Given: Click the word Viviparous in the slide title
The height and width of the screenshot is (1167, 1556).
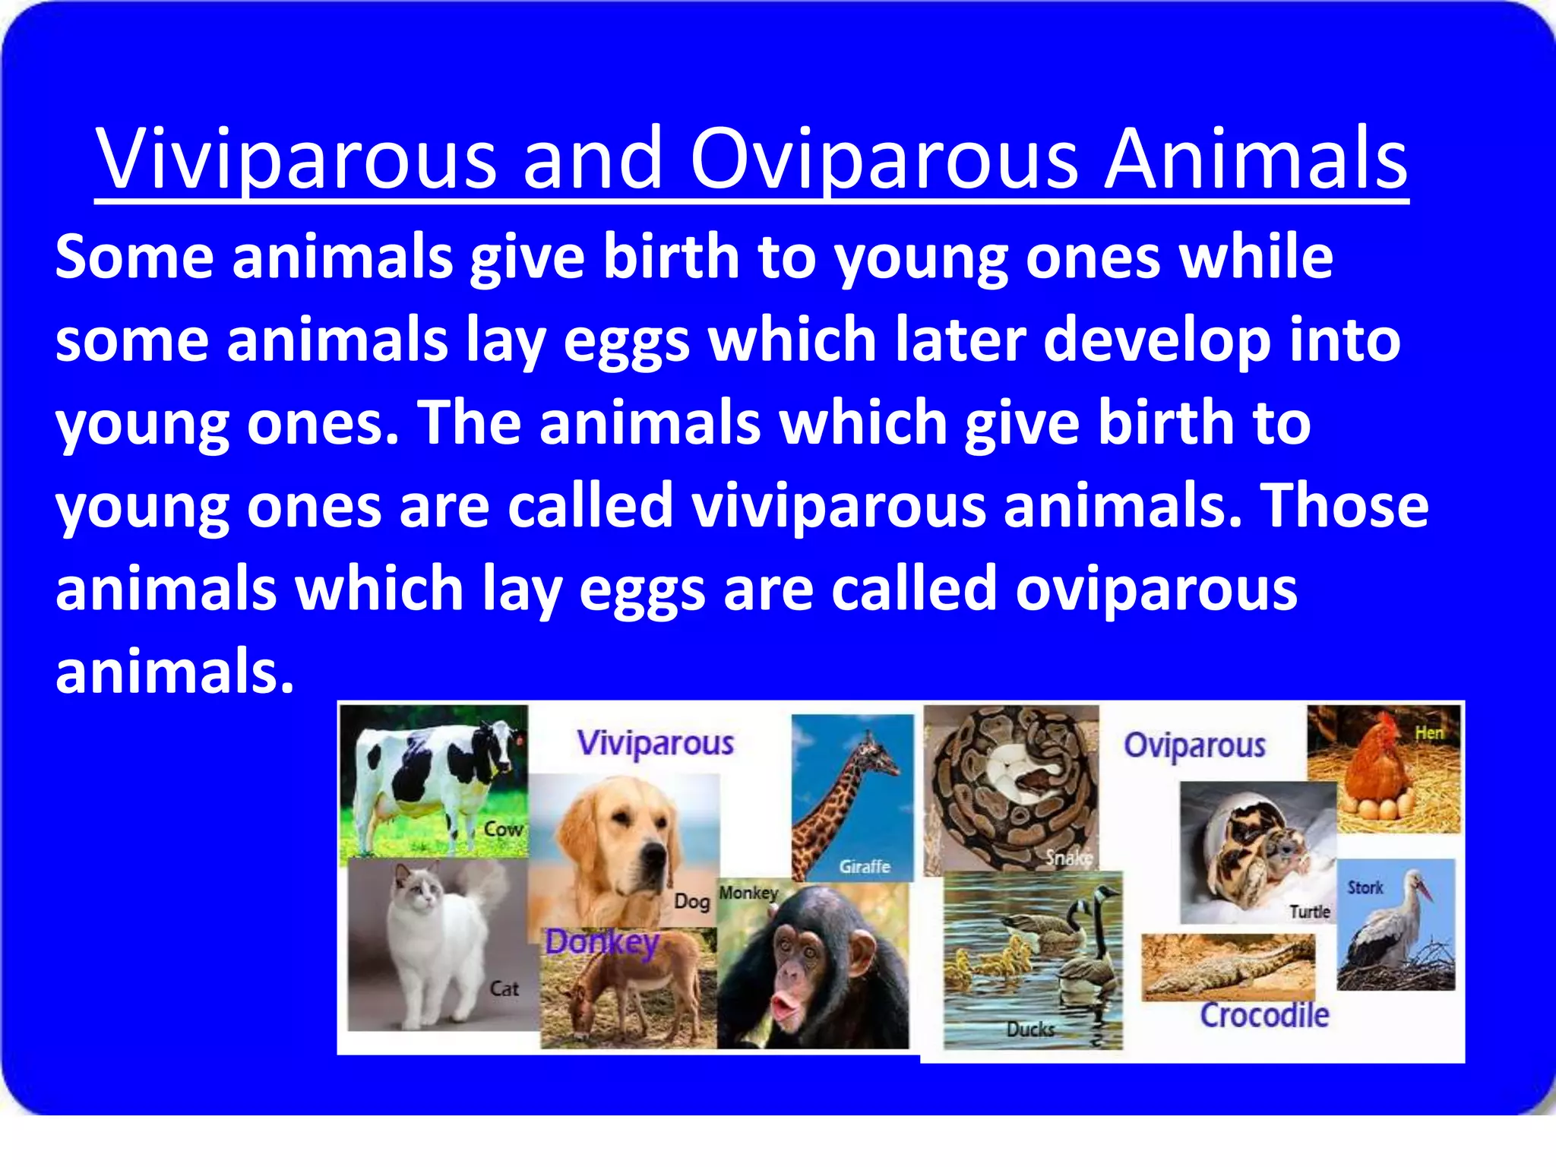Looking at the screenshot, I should [296, 160].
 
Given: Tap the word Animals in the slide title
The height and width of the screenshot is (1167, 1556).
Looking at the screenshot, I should [1255, 160].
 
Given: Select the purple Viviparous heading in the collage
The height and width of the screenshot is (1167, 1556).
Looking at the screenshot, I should [655, 743].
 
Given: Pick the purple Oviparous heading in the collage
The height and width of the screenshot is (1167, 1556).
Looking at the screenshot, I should [1194, 745].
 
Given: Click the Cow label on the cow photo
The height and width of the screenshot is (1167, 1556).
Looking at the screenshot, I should [504, 829].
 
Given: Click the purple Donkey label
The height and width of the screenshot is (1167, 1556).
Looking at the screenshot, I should [602, 943].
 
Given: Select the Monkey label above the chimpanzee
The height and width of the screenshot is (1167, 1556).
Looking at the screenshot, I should [748, 893].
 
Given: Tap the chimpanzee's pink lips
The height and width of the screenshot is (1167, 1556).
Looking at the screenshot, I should [786, 1008].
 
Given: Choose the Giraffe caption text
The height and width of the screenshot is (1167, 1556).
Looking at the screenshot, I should [864, 866].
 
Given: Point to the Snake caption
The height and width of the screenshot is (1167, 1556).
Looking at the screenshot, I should [1068, 858].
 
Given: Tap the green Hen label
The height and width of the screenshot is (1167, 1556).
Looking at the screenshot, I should [1429, 733].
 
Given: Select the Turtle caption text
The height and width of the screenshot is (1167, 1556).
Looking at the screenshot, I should [1309, 912].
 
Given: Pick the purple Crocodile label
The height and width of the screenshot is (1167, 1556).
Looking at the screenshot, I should [1264, 1016].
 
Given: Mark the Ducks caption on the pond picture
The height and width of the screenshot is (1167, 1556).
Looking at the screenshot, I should [1030, 1029].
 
